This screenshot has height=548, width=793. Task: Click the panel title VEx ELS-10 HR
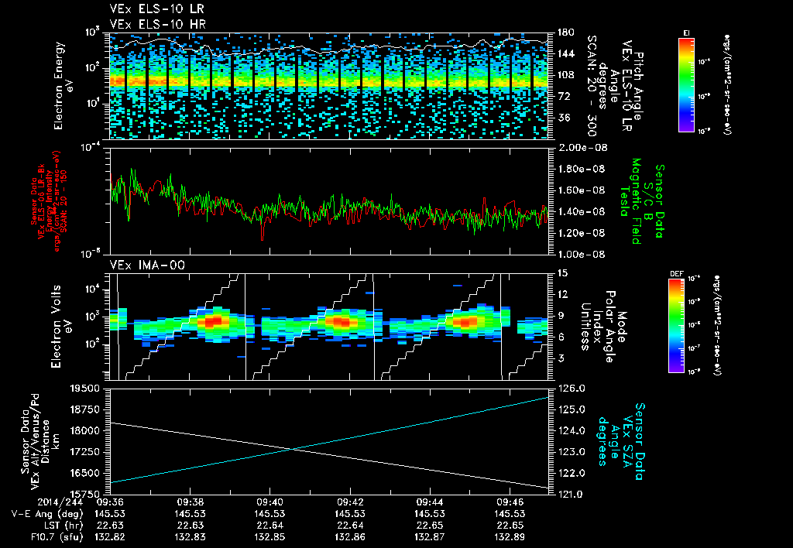click(149, 24)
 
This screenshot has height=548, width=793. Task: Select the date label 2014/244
click(29, 502)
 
